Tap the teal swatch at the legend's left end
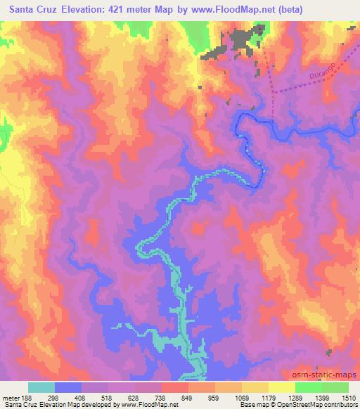(x=41, y=387)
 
